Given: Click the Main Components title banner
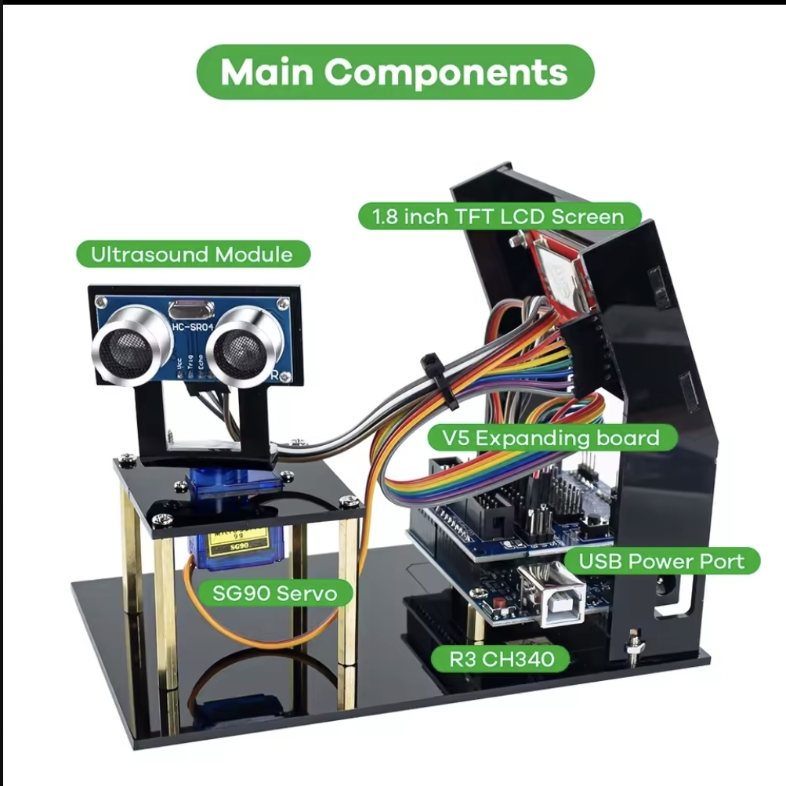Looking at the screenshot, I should pos(394,72).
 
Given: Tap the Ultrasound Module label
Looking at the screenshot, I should pos(192,254).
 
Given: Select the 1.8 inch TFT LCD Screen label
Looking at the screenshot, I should pos(500,216).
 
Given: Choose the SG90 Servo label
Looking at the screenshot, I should pos(274,593).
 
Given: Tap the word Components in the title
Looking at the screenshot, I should pos(446,72).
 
